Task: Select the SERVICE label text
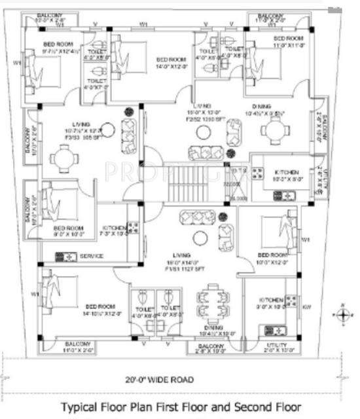point(92,257)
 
